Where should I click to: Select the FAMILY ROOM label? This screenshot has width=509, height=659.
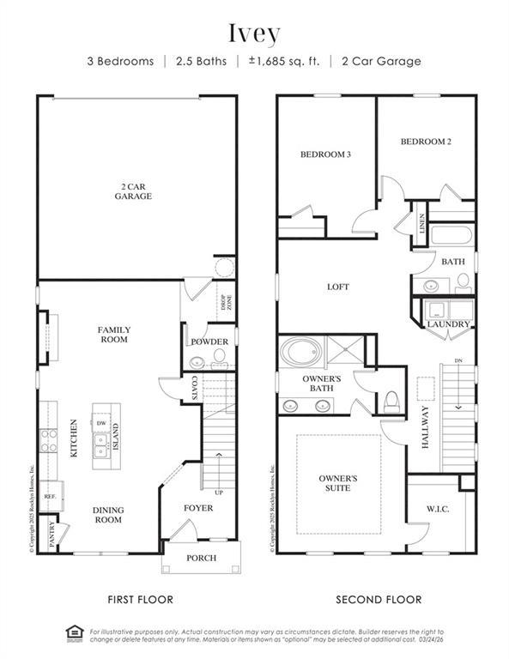(113, 334)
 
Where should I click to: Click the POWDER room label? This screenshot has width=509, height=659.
(209, 342)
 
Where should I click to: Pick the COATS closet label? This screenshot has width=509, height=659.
(195, 388)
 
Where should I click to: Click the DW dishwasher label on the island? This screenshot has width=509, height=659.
(100, 424)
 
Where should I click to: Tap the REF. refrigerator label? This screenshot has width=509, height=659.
(50, 496)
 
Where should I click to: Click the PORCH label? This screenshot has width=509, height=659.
(201, 559)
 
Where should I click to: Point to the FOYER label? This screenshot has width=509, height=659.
(199, 508)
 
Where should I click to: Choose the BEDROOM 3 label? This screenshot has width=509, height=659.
(325, 154)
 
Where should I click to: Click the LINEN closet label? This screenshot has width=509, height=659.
(421, 222)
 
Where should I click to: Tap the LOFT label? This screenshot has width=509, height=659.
(337, 287)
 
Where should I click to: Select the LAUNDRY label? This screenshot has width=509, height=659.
(449, 324)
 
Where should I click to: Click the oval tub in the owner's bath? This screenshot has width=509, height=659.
(301, 351)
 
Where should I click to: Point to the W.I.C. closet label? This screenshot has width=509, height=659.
(438, 509)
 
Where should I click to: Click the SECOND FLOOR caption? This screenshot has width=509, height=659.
(379, 599)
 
